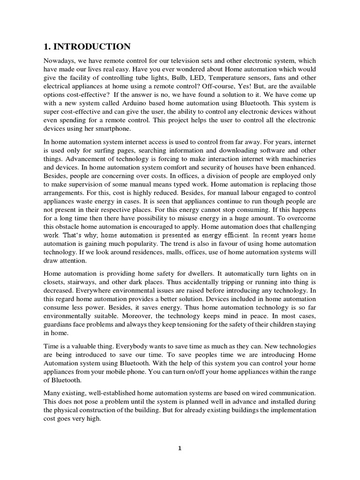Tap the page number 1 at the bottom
point(180,448)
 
